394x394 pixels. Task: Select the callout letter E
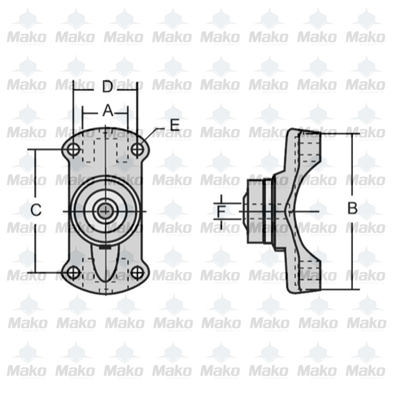pyautogui.click(x=174, y=125)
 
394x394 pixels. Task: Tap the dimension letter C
pyautogui.click(x=36, y=210)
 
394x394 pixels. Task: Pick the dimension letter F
pyautogui.click(x=222, y=212)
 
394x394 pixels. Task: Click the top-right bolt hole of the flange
pyautogui.click(x=137, y=149)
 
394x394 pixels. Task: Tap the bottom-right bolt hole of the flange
pyautogui.click(x=137, y=272)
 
